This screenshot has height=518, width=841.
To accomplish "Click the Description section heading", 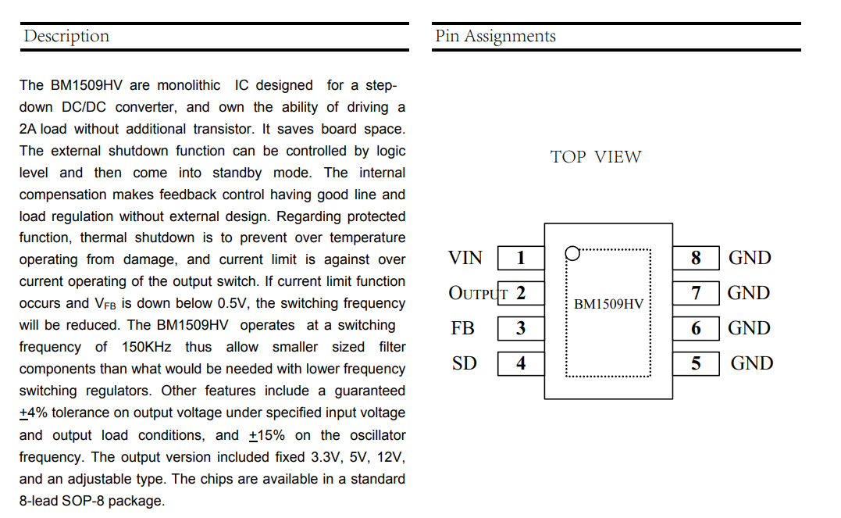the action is pyautogui.click(x=66, y=37).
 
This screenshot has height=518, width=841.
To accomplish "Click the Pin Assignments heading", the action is pyautogui.click(x=495, y=37).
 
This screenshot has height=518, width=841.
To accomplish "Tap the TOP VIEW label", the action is pyautogui.click(x=595, y=157).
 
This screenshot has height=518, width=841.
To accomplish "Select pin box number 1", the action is pyautogui.click(x=521, y=258).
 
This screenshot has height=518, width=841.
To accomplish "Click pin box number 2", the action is pyautogui.click(x=521, y=293).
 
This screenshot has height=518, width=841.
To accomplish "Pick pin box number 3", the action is pyautogui.click(x=521, y=328).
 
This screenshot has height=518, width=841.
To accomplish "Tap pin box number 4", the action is pyautogui.click(x=521, y=363).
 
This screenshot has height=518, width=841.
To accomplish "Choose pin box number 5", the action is pyautogui.click(x=696, y=363).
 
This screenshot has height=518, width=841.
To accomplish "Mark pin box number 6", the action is pyautogui.click(x=696, y=328).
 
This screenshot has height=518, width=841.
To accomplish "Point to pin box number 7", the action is pyautogui.click(x=696, y=293).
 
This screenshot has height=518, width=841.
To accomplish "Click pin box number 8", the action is pyautogui.click(x=696, y=258).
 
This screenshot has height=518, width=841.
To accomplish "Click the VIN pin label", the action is pyautogui.click(x=465, y=258).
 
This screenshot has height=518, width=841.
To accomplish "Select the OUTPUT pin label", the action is pyautogui.click(x=478, y=293).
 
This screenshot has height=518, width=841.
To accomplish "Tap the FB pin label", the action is pyautogui.click(x=462, y=328).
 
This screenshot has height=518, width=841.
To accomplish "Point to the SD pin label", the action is pyautogui.click(x=464, y=363).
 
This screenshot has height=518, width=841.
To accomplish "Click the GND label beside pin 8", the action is pyautogui.click(x=750, y=258).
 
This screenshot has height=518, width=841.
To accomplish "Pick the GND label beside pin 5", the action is pyautogui.click(x=751, y=363).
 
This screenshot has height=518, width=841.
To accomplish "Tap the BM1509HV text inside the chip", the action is pyautogui.click(x=608, y=305).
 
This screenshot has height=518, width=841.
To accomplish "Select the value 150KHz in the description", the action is pyautogui.click(x=146, y=347).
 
